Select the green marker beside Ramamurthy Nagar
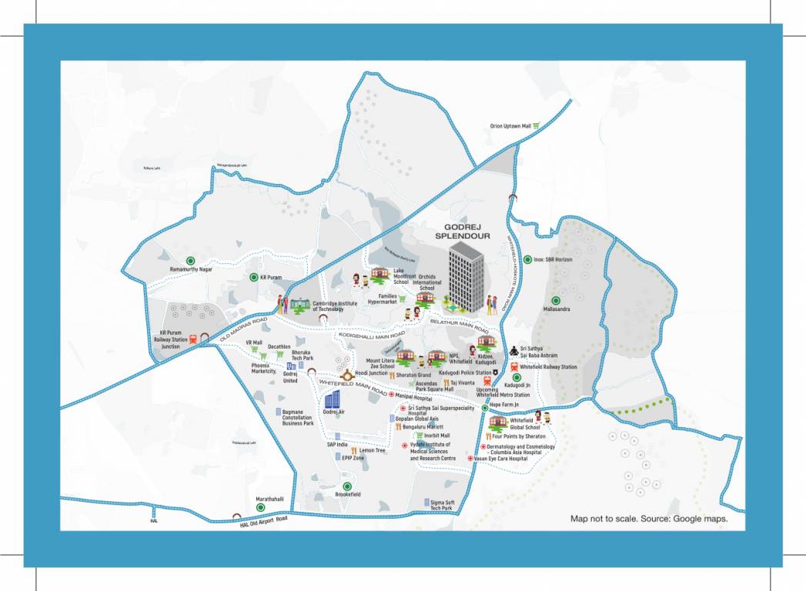coord(190,260)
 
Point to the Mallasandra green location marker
coord(555,299)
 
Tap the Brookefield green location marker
coord(347,486)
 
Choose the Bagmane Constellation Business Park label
coord(298,417)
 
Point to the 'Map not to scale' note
coord(648,519)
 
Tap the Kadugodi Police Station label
coord(465,372)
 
